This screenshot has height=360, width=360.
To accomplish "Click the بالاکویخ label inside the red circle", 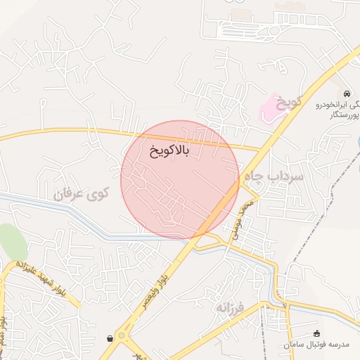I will [169, 150].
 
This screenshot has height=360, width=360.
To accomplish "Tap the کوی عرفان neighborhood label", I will [83, 193].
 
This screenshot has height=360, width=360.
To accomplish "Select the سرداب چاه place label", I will [274, 176].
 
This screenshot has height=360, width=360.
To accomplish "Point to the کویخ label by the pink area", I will [288, 103].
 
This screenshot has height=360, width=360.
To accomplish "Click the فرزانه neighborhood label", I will [233, 307].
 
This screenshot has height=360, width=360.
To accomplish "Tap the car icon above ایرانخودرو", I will [347, 94].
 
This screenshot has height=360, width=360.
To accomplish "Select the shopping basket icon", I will [110, 338].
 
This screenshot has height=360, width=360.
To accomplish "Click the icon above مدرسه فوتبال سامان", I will [316, 333].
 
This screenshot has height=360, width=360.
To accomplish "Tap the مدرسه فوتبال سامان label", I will [316, 345].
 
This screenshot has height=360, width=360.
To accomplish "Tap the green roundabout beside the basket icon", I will [122, 336].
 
